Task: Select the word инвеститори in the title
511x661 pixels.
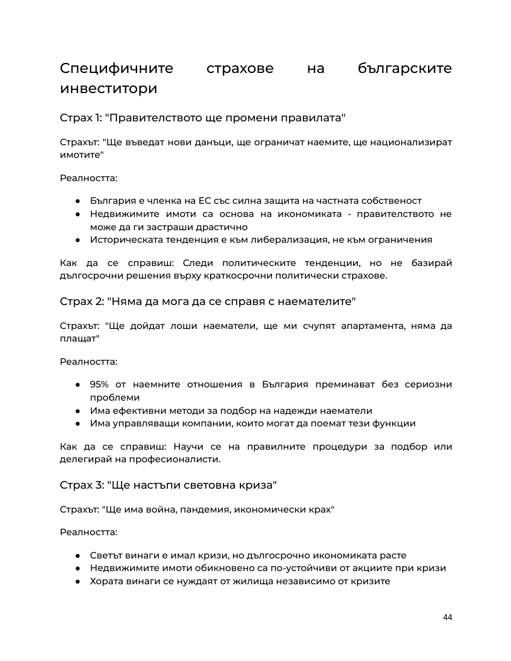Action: pos(108,89)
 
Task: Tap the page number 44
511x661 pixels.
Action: pos(447,617)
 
